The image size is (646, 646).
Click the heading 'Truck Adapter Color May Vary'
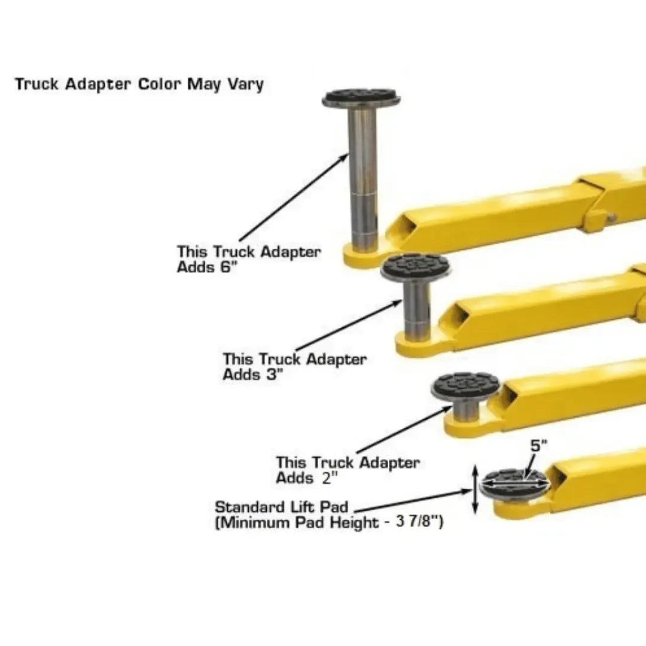pyautogui.click(x=139, y=84)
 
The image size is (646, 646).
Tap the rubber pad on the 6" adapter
pyautogui.click(x=361, y=97)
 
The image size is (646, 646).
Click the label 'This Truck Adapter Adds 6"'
pyautogui.click(x=248, y=259)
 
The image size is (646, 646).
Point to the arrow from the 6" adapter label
pyautogui.click(x=293, y=198)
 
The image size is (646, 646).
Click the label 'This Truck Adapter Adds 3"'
pyautogui.click(x=294, y=367)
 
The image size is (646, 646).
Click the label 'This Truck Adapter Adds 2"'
pyautogui.click(x=347, y=470)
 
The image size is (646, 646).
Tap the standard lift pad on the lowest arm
pyautogui.click(x=514, y=484)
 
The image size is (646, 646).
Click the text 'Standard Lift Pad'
pyautogui.click(x=281, y=507)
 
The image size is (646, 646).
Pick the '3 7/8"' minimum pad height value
pyautogui.click(x=419, y=522)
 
